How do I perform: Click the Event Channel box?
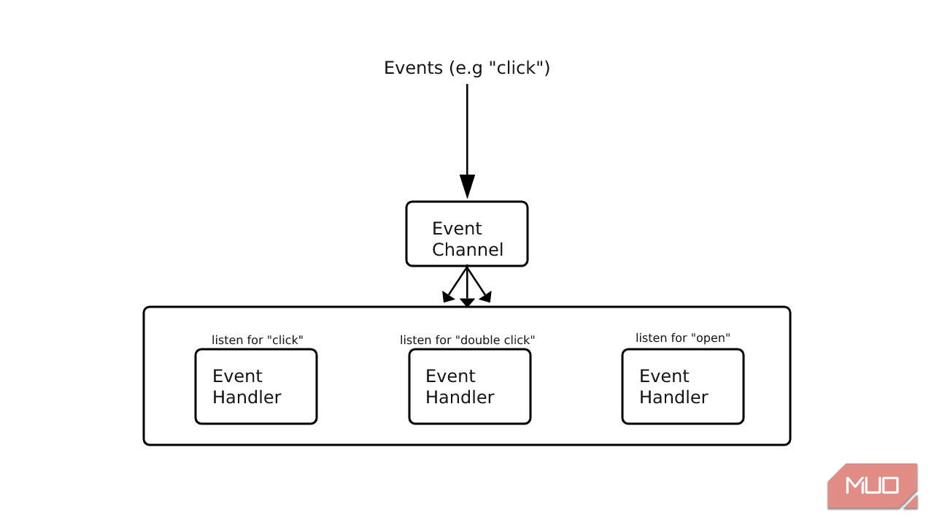click(x=467, y=234)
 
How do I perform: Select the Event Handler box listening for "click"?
click(x=256, y=386)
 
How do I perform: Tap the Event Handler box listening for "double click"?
click(x=469, y=386)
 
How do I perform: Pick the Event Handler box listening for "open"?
click(x=682, y=386)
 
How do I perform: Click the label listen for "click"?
click(x=257, y=340)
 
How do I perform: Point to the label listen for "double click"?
click(x=467, y=340)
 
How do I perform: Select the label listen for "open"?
click(x=682, y=338)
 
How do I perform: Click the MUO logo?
click(x=872, y=486)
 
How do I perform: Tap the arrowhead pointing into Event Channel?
click(x=467, y=186)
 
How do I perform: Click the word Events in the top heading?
click(x=413, y=68)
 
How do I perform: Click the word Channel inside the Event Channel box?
click(x=467, y=250)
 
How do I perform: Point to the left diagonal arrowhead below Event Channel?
click(x=448, y=297)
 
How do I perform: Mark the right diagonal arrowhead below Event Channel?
click(x=486, y=297)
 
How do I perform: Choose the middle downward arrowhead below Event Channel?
click(x=467, y=302)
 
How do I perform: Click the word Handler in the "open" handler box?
click(x=673, y=397)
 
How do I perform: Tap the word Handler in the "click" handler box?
click(x=247, y=397)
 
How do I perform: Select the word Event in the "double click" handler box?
click(x=450, y=376)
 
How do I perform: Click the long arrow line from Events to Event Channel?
click(x=467, y=131)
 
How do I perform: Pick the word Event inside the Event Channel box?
click(x=457, y=229)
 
